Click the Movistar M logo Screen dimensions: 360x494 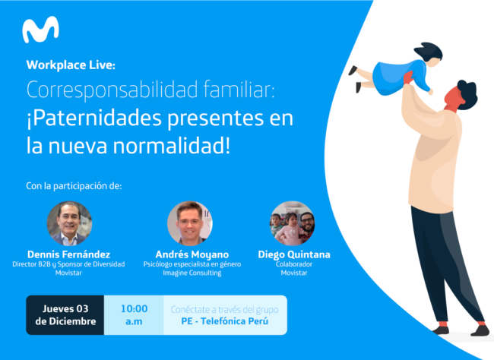pyautogui.click(x=40, y=30)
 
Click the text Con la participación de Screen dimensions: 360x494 pyautogui.click(x=74, y=185)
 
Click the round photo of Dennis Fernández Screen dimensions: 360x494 pyautogui.click(x=69, y=223)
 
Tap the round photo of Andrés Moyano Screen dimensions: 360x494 pyautogui.click(x=189, y=223)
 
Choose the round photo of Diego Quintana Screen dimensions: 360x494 pyautogui.click(x=292, y=223)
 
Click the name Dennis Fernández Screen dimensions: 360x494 pyautogui.click(x=69, y=254)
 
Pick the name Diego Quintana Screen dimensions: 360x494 pyautogui.click(x=293, y=254)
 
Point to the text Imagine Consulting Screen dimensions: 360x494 pyautogui.click(x=189, y=273)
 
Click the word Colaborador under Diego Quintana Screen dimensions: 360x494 pyautogui.click(x=293, y=264)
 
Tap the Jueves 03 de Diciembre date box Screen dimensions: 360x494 pyautogui.click(x=65, y=315)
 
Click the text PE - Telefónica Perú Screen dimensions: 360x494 pyautogui.click(x=225, y=321)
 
